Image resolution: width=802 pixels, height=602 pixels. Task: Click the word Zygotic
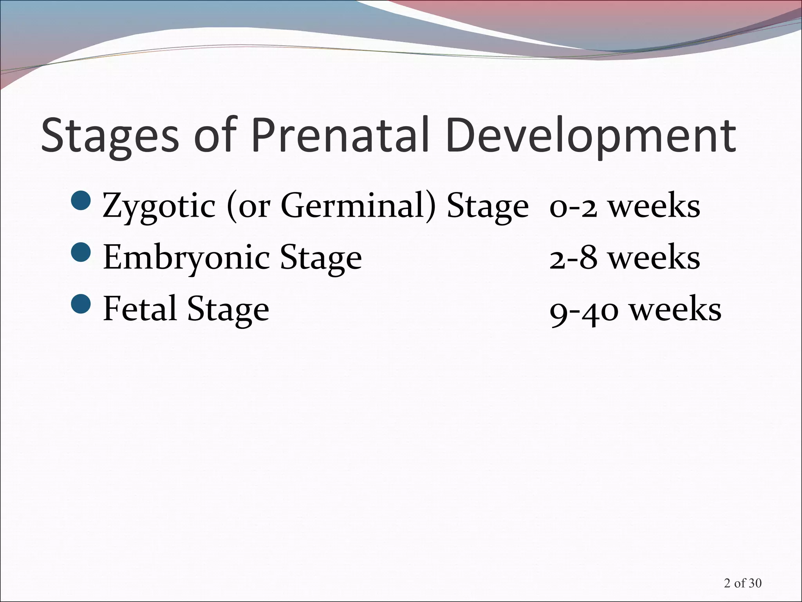pyautogui.click(x=159, y=207)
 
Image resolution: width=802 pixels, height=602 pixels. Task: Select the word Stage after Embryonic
pyautogui.click(x=321, y=259)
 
